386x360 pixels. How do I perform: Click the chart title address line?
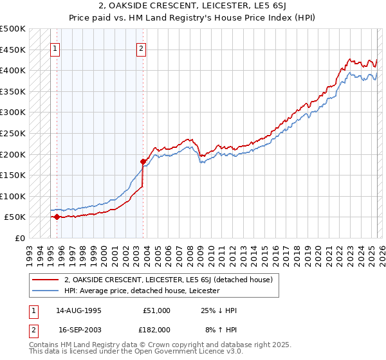[192, 6]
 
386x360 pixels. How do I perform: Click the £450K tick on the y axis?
[13, 50]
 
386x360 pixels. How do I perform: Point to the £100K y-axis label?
[13, 196]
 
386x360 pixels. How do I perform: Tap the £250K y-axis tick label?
[13, 133]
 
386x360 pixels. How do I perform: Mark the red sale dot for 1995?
[57, 217]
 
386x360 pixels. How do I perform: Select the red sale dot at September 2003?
[143, 161]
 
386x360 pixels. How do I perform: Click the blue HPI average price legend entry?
[142, 291]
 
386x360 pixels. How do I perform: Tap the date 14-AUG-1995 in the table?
[80, 310]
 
